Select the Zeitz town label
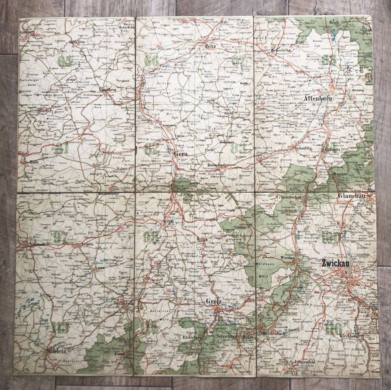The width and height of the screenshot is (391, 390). click(211, 46)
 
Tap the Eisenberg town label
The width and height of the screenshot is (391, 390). click(108, 90)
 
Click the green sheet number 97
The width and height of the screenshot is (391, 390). click(60, 237)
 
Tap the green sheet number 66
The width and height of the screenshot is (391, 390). click(151, 61)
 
